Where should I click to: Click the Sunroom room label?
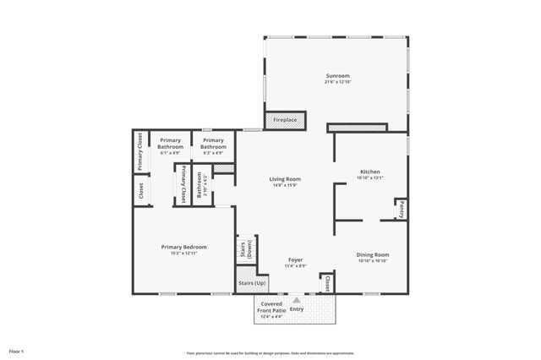tap(338, 76)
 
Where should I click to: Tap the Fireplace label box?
tap(285, 120)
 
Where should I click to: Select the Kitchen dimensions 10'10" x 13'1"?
tap(370, 178)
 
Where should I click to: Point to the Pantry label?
tap(402, 207)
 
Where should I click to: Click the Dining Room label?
tap(373, 254)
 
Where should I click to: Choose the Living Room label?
tap(285, 179)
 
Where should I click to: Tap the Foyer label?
tap(295, 259)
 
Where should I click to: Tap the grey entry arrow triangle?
tap(297, 299)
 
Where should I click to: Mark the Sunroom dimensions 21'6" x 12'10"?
tap(338, 82)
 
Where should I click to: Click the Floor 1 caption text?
tap(17, 351)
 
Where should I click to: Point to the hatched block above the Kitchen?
tap(357, 128)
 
